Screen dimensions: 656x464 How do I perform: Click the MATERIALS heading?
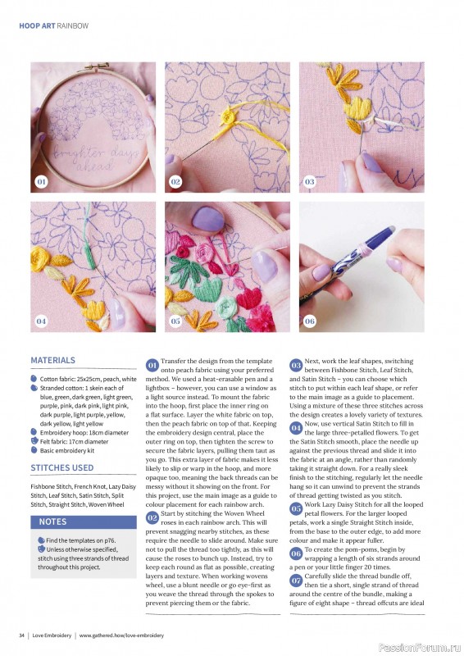coord(52,360)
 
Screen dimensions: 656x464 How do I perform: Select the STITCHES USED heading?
coord(61,468)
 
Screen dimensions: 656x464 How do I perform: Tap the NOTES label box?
coord(52,522)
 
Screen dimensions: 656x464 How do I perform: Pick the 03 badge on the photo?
coord(309,181)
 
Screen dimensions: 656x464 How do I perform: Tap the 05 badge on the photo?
coord(175,321)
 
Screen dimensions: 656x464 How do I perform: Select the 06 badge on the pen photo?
coord(309,321)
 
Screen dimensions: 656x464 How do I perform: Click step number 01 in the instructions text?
coord(152,364)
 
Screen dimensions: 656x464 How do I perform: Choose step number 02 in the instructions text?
coord(152,518)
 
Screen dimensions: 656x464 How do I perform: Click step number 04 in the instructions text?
coord(297,428)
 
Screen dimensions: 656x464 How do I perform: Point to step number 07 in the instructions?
coord(297,581)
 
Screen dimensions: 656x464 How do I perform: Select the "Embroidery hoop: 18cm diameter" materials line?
coord(84,432)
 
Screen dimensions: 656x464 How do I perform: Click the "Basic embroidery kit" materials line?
coord(69,450)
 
